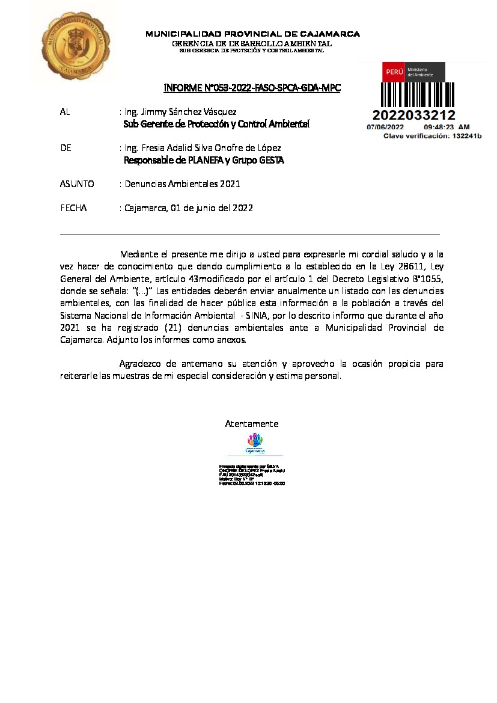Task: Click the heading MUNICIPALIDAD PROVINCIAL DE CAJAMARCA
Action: (x=252, y=34)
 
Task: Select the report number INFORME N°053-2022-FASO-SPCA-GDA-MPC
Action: (x=252, y=88)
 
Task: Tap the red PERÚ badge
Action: (x=394, y=72)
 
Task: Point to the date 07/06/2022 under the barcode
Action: (x=385, y=127)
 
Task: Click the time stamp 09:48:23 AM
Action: (x=447, y=127)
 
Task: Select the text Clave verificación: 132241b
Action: (x=433, y=136)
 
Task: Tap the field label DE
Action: (x=66, y=148)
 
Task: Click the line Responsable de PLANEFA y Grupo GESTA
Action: (x=204, y=161)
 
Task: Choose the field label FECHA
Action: (x=74, y=208)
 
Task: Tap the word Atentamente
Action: (x=251, y=424)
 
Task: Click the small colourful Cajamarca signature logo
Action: (x=255, y=444)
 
